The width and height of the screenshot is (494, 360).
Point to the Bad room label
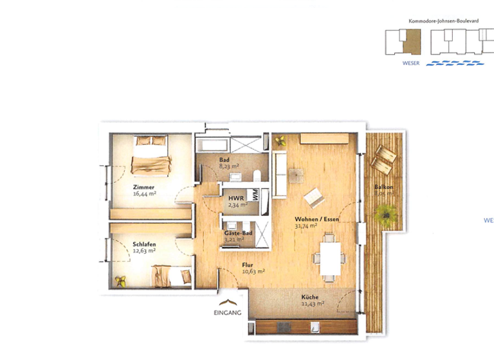[x=224, y=159]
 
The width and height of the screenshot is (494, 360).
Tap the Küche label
[x=311, y=296]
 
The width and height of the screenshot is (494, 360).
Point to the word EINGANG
[x=228, y=314]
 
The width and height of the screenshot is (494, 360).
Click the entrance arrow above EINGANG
[x=228, y=302]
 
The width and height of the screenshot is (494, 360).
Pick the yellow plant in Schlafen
[x=120, y=280]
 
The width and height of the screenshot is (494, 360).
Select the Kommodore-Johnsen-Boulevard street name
[x=443, y=21]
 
